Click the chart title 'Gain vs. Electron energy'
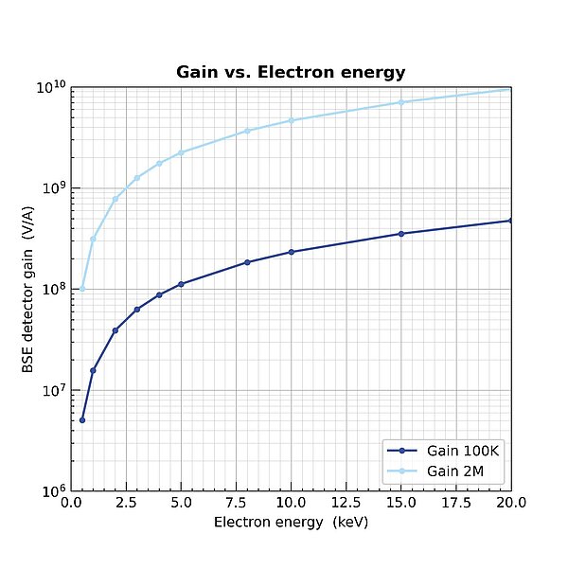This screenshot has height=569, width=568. [x=291, y=73]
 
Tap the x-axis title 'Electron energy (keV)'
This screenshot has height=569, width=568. [x=291, y=522]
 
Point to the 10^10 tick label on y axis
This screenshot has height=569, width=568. [x=48, y=88]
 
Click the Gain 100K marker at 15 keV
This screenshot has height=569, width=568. [x=401, y=233]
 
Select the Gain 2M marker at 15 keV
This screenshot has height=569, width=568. [x=401, y=102]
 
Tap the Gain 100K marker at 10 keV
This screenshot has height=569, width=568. [x=292, y=252]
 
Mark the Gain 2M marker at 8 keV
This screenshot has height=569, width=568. [x=247, y=131]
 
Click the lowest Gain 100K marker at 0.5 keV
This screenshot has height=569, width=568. [x=82, y=419]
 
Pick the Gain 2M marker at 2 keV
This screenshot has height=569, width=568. [x=115, y=199]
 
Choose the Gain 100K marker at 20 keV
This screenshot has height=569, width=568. [x=511, y=221]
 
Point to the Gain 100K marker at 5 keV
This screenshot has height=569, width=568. [x=181, y=284]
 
